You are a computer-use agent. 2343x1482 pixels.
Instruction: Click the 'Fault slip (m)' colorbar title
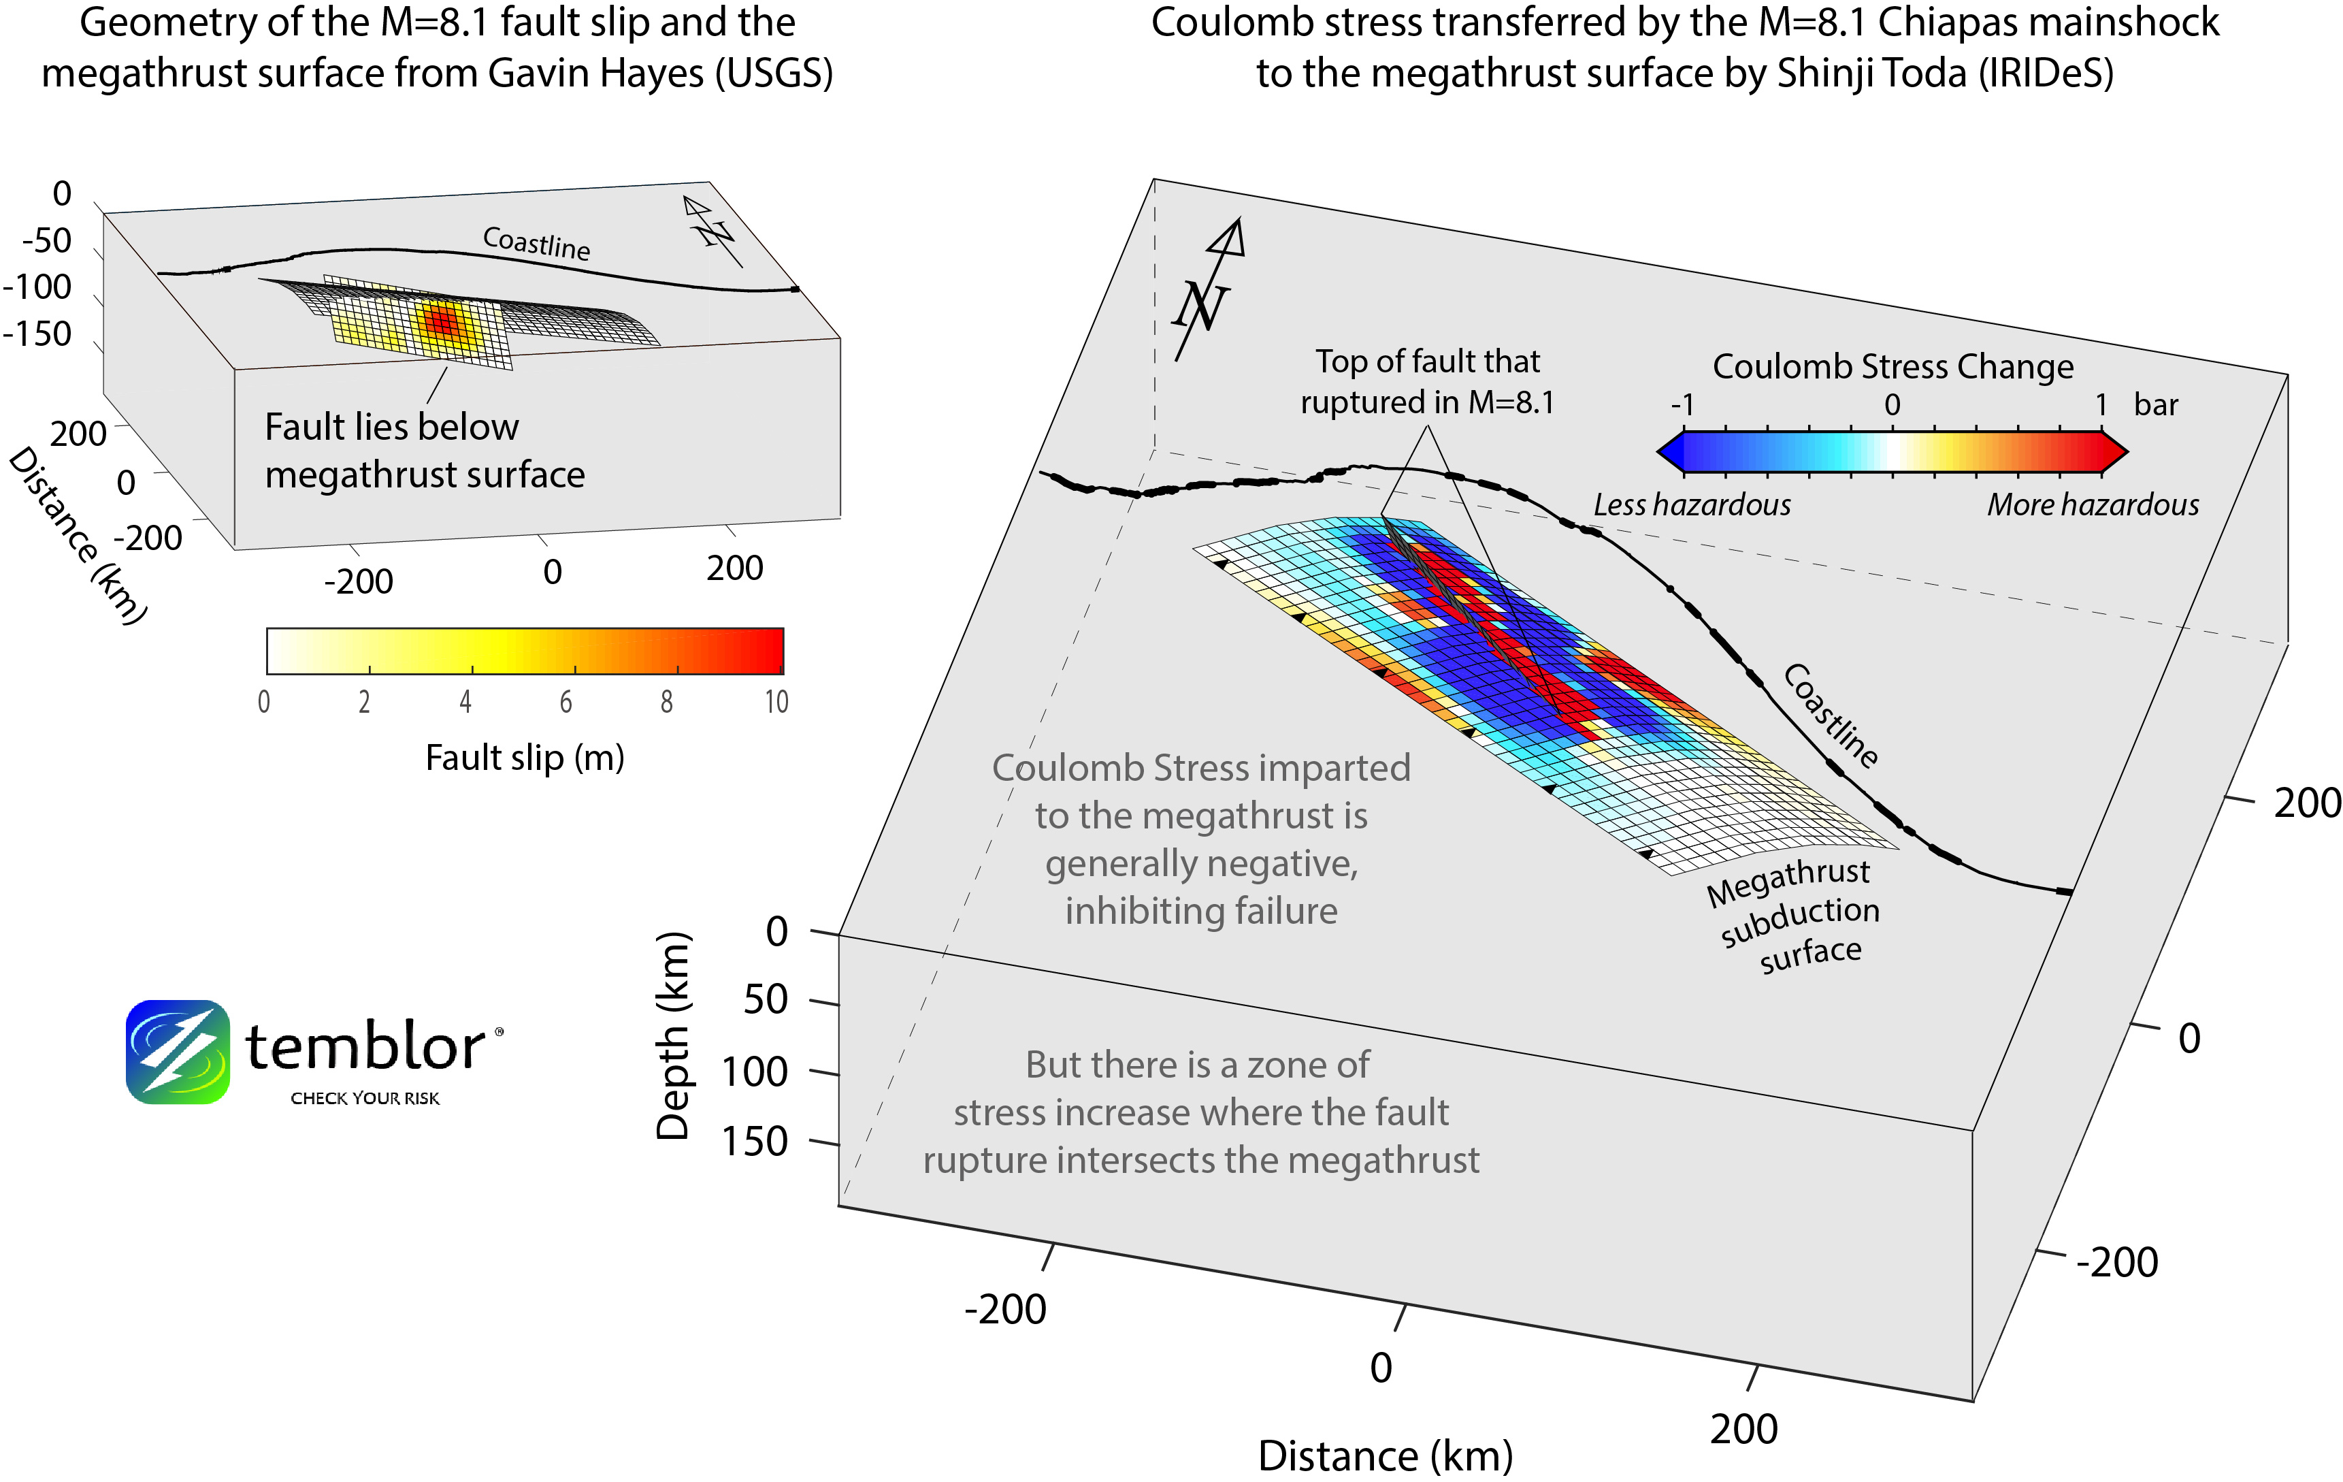525,757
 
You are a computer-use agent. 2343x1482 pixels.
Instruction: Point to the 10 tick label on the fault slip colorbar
776,702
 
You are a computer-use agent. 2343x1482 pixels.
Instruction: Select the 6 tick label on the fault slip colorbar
566,702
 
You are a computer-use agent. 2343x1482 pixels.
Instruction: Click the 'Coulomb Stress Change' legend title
1893,367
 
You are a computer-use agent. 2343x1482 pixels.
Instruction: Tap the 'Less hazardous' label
1691,505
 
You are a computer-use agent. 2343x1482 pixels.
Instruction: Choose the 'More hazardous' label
2092,505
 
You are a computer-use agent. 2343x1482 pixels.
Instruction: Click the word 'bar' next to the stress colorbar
2155,405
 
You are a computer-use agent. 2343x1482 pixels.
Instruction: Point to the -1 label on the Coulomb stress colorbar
1682,405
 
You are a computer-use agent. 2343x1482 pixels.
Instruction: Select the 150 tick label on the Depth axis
754,1142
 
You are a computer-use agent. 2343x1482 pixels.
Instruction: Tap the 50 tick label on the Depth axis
765,999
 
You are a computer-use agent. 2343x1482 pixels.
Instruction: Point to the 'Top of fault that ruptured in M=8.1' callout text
1428,381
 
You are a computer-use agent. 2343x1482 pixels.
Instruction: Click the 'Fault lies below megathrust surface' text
424,451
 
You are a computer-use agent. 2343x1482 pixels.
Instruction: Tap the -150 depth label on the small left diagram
37,334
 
